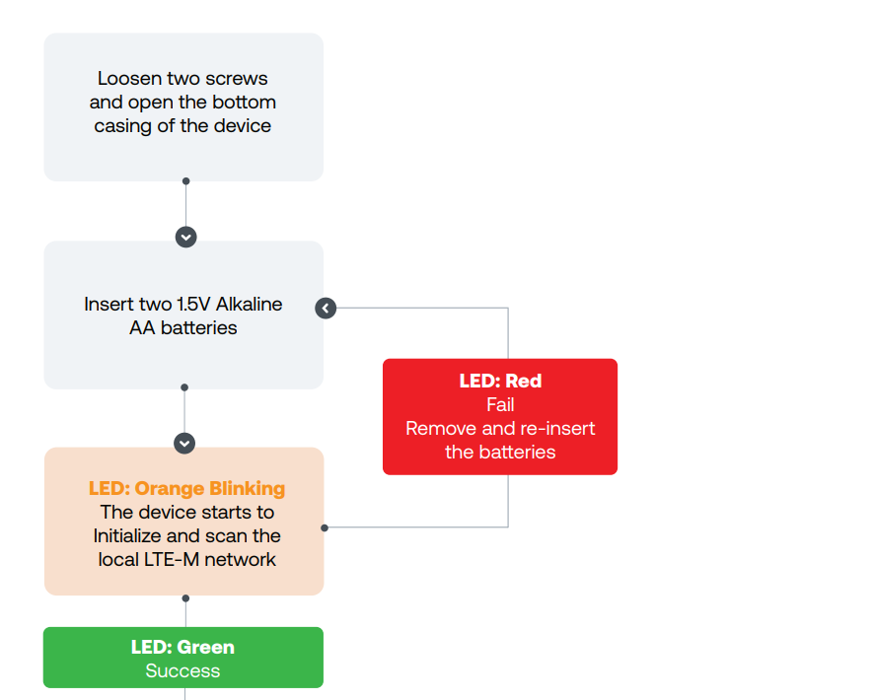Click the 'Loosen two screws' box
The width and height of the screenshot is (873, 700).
183,106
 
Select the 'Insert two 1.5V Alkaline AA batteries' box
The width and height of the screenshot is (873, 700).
183,315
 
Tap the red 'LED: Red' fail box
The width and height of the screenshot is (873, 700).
499,416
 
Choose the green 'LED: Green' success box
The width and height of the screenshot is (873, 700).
183,658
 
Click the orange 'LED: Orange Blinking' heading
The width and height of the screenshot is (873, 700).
186,489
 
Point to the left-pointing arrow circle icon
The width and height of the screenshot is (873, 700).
326,309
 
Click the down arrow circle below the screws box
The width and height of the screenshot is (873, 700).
185,237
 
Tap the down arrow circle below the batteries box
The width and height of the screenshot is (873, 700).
184,443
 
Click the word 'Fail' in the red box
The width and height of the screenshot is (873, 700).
500,405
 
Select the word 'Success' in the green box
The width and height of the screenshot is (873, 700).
183,671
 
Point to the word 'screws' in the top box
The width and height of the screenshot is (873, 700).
237,79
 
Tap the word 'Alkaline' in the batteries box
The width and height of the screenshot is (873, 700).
249,304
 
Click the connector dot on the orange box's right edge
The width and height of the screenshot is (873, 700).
325,527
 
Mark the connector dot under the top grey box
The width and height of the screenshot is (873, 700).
185,181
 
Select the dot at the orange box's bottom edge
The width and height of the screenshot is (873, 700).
185,597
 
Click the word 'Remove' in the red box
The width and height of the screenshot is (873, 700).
433,429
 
